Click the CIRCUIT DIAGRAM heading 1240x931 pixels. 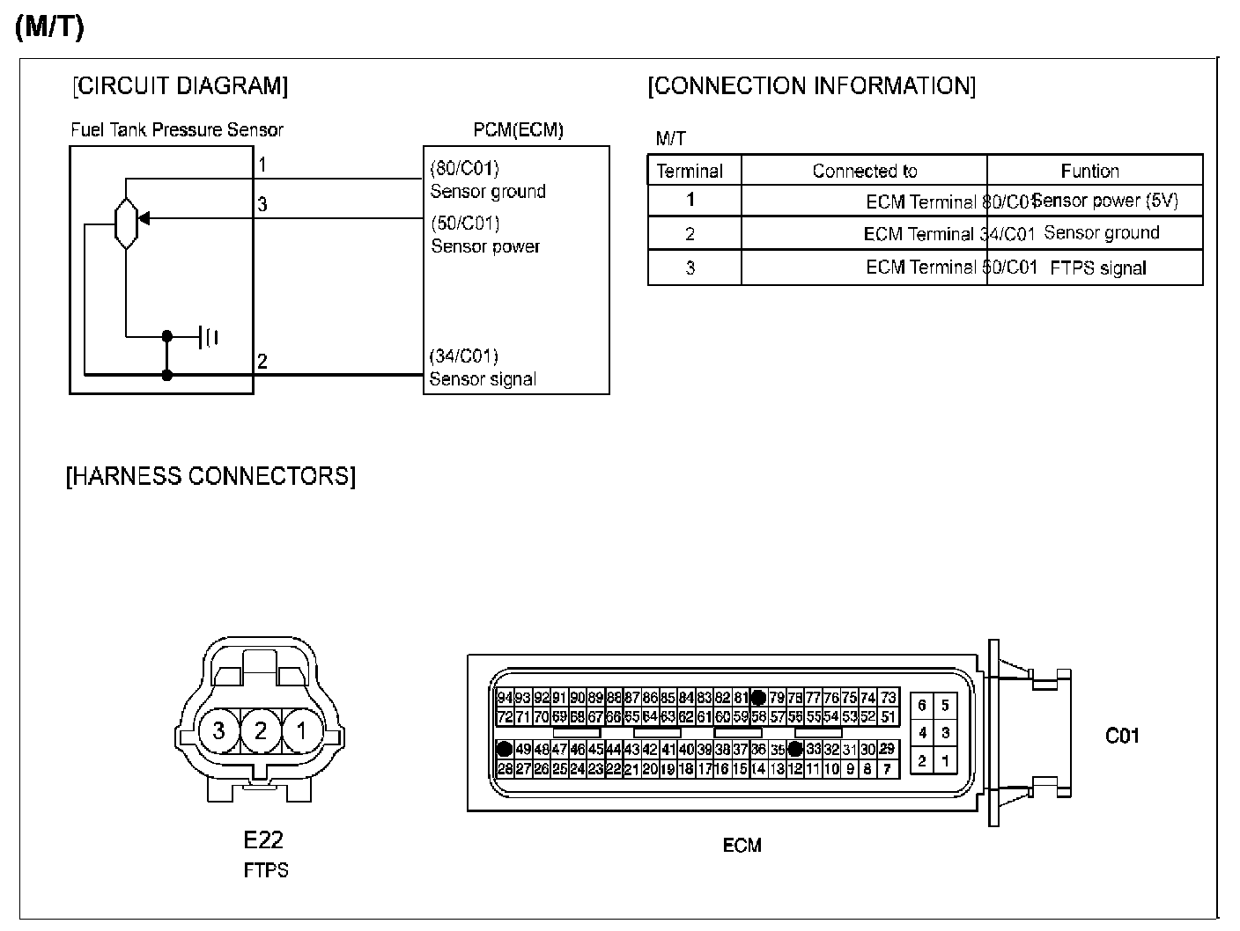(x=180, y=86)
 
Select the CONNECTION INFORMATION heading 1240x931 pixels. (x=811, y=86)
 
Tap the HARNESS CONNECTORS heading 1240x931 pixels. (x=210, y=476)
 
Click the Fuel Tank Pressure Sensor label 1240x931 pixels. (x=177, y=130)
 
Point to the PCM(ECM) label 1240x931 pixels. (x=518, y=130)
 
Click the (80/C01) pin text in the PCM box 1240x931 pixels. (x=464, y=168)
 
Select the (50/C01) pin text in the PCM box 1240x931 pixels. (x=464, y=223)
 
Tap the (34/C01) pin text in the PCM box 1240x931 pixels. (x=463, y=356)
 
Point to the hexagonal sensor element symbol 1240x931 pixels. (x=126, y=224)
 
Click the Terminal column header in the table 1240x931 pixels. (x=690, y=171)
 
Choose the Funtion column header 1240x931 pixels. (x=1090, y=171)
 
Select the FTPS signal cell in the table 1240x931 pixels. (x=1098, y=268)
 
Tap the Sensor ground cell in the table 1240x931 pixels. (x=1101, y=233)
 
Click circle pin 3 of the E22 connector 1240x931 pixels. (x=218, y=730)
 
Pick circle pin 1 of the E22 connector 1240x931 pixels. (x=302, y=730)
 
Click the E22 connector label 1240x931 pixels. (x=264, y=839)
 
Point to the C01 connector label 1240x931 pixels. (x=1122, y=735)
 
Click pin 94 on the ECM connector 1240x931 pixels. (x=505, y=698)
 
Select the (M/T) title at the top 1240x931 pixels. (x=49, y=27)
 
